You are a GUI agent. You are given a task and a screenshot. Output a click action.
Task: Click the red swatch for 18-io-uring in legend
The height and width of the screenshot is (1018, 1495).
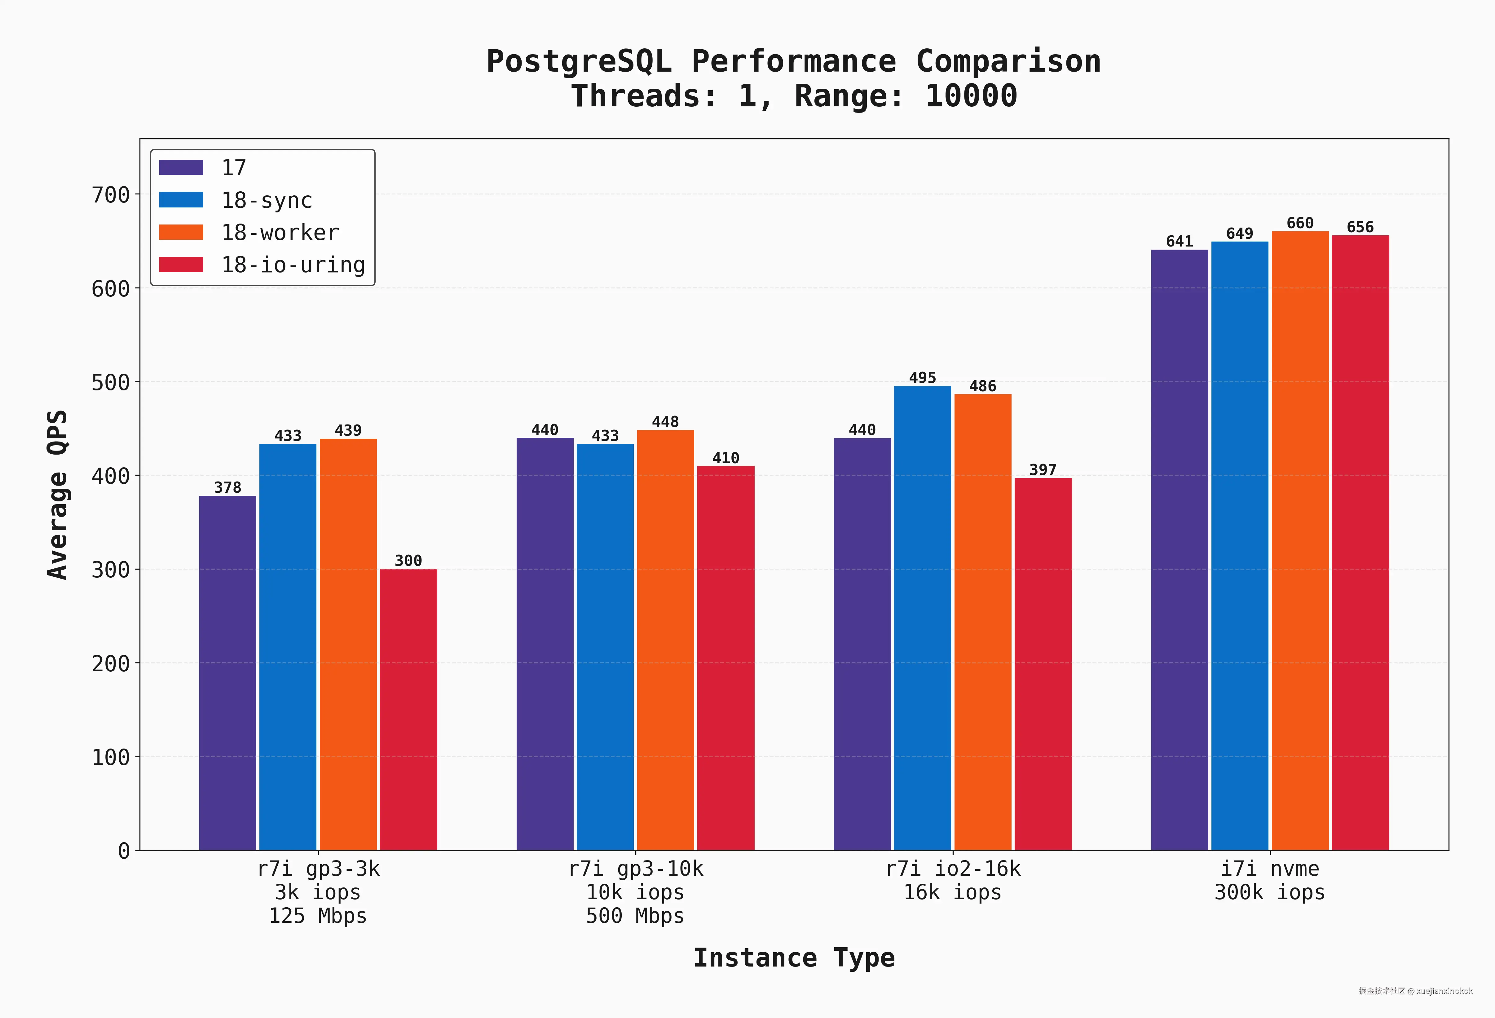tap(181, 265)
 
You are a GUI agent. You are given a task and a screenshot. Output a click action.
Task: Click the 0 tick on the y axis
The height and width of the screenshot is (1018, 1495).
tap(124, 851)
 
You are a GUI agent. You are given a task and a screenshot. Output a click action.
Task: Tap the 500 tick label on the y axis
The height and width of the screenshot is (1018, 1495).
tap(111, 382)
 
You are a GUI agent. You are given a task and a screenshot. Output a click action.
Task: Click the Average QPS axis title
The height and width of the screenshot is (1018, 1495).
tap(58, 494)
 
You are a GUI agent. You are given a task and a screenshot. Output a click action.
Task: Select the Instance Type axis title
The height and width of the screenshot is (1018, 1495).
tap(793, 958)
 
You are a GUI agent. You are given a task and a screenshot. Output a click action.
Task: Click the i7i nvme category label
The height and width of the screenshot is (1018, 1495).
tap(1269, 869)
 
